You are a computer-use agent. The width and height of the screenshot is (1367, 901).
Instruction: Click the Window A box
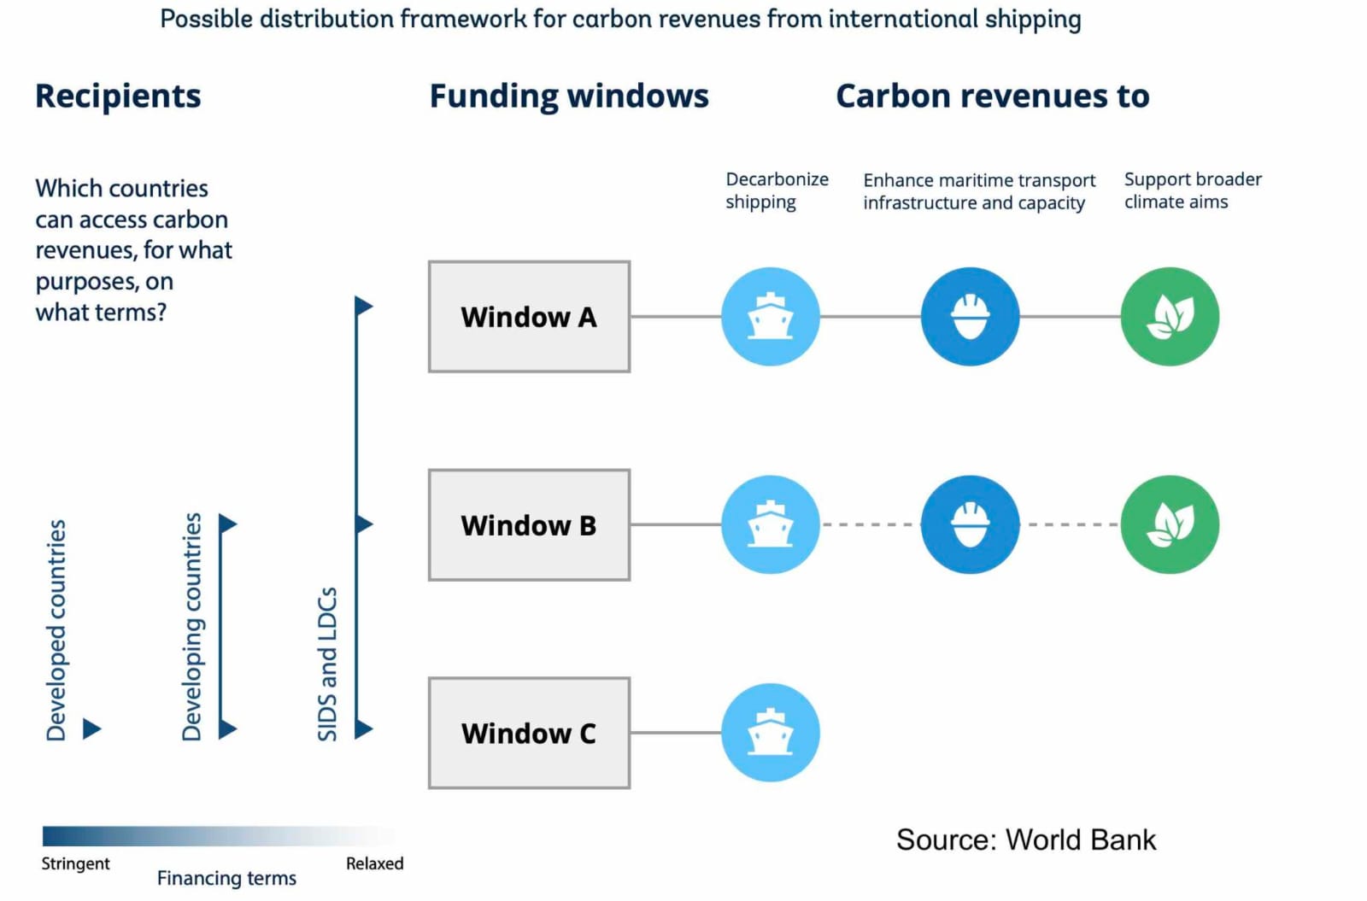[x=529, y=317]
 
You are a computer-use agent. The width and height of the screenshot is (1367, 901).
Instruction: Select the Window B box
[x=529, y=524]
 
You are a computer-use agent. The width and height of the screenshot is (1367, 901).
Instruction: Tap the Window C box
[x=529, y=733]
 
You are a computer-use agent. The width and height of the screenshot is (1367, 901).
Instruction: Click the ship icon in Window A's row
[x=770, y=317]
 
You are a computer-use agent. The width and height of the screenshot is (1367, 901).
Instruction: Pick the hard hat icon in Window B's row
[x=970, y=524]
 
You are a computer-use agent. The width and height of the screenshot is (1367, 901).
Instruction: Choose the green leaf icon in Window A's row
[x=1170, y=317]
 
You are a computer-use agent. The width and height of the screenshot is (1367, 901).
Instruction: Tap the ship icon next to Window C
[x=770, y=733]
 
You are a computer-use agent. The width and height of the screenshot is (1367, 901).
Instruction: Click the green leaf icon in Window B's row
[x=1170, y=524]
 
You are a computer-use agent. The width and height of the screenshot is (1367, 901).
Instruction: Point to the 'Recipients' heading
[x=118, y=97]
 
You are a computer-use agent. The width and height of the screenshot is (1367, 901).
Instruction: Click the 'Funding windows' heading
[x=569, y=97]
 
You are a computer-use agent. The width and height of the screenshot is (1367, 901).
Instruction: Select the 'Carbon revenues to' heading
[x=992, y=97]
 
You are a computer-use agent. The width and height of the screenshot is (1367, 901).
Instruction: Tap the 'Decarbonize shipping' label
[x=777, y=190]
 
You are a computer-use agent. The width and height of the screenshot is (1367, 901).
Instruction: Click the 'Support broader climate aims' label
[x=1193, y=190]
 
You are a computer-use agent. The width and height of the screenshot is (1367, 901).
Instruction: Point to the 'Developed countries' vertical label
[x=56, y=630]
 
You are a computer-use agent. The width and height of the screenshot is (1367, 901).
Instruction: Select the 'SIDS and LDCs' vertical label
[x=327, y=664]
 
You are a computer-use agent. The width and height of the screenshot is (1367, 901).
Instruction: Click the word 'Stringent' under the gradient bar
[x=76, y=863]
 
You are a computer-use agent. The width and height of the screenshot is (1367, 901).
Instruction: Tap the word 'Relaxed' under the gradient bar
[x=375, y=863]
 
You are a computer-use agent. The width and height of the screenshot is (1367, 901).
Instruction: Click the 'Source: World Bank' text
[x=1026, y=840]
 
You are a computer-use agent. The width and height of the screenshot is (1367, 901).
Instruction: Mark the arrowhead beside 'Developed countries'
[x=91, y=728]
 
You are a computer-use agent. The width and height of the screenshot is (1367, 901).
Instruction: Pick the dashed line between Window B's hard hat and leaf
[x=1071, y=524]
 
